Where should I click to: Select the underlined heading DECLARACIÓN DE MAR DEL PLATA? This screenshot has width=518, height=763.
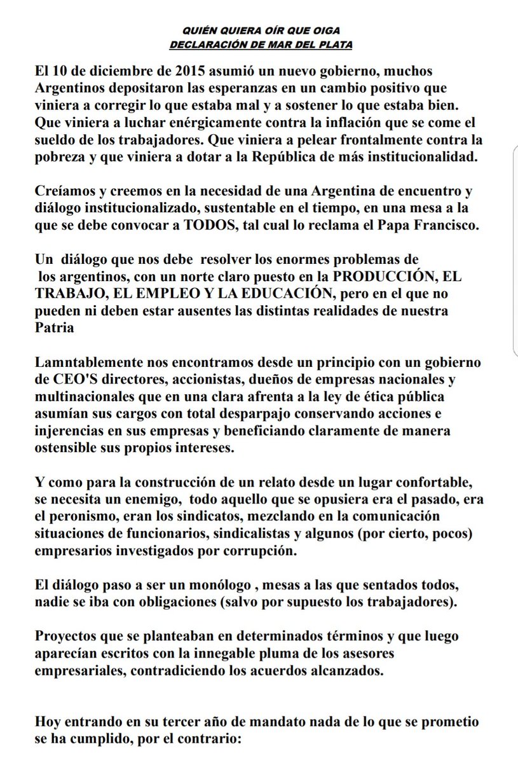tap(259, 45)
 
